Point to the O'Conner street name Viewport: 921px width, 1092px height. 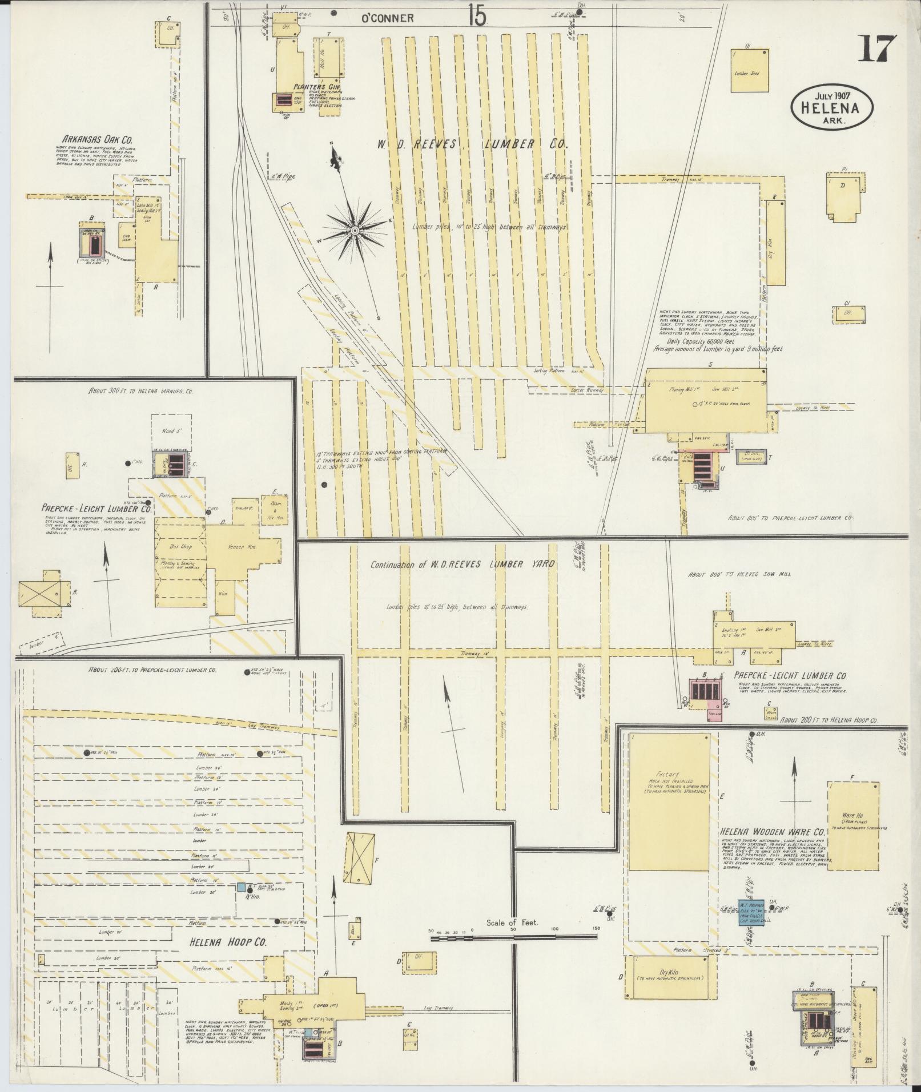point(387,18)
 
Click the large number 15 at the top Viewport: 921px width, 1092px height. point(476,16)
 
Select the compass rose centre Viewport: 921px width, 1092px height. point(355,230)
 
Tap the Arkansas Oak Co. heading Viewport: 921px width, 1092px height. point(95,139)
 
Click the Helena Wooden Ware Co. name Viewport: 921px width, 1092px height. point(773,832)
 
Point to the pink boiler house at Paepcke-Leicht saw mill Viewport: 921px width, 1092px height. point(706,693)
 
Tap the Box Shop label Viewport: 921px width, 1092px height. point(180,546)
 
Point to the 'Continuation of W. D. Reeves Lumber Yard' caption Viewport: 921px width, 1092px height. point(462,565)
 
